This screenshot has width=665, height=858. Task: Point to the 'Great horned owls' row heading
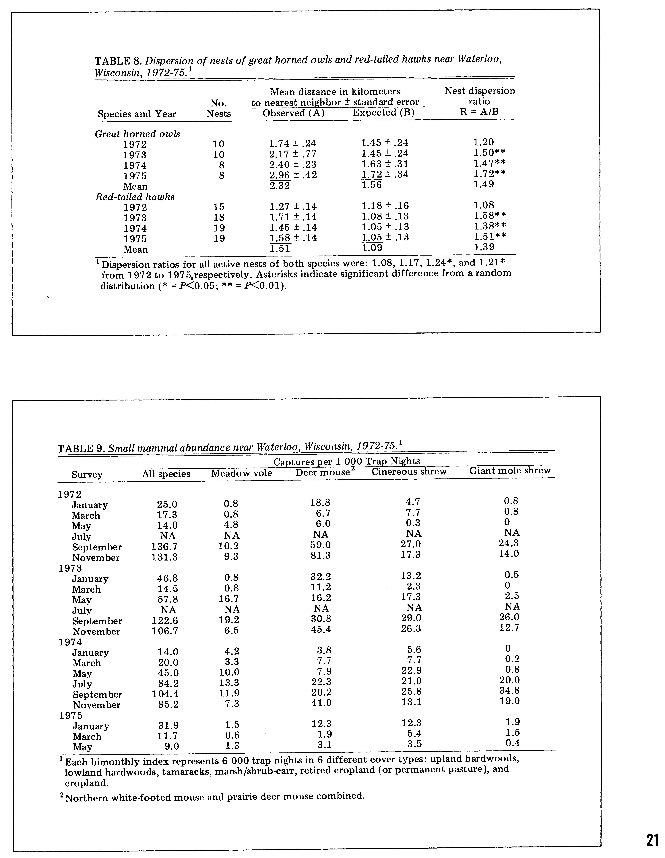coord(138,134)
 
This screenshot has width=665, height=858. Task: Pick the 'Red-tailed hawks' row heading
coord(135,197)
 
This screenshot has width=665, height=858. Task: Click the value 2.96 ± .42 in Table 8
coord(293,175)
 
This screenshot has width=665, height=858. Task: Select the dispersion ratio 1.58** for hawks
coord(489,216)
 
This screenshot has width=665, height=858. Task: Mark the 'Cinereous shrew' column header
coord(409,471)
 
